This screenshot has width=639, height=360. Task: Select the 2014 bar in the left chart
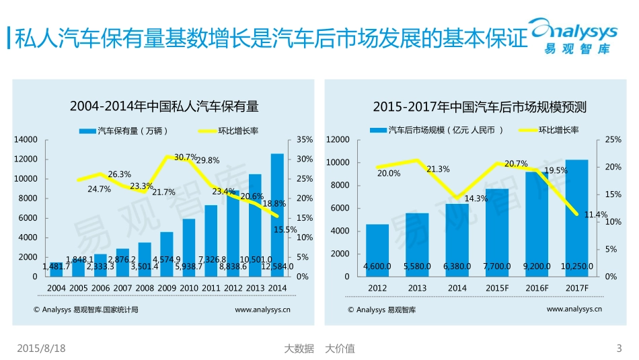pyautogui.click(x=277, y=215)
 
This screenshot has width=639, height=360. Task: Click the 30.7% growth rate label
pyautogui.click(x=186, y=157)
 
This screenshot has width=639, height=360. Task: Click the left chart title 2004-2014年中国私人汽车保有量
pyautogui.click(x=164, y=106)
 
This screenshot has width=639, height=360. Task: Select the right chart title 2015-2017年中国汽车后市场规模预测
pyautogui.click(x=480, y=106)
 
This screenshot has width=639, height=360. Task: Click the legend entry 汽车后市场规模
pyautogui.click(x=437, y=131)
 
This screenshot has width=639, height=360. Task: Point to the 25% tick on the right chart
pyautogui.click(x=613, y=140)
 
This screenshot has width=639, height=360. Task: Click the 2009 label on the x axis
pyautogui.click(x=166, y=289)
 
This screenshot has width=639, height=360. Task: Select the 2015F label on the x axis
pyautogui.click(x=497, y=289)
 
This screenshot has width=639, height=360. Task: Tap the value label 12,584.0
pyautogui.click(x=277, y=267)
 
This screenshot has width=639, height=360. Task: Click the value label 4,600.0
pyautogui.click(x=377, y=267)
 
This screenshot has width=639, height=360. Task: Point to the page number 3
pyautogui.click(x=619, y=349)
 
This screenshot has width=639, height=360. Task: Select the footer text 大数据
pyautogui.click(x=299, y=349)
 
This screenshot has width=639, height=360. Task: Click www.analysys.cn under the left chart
pyautogui.click(x=262, y=310)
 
